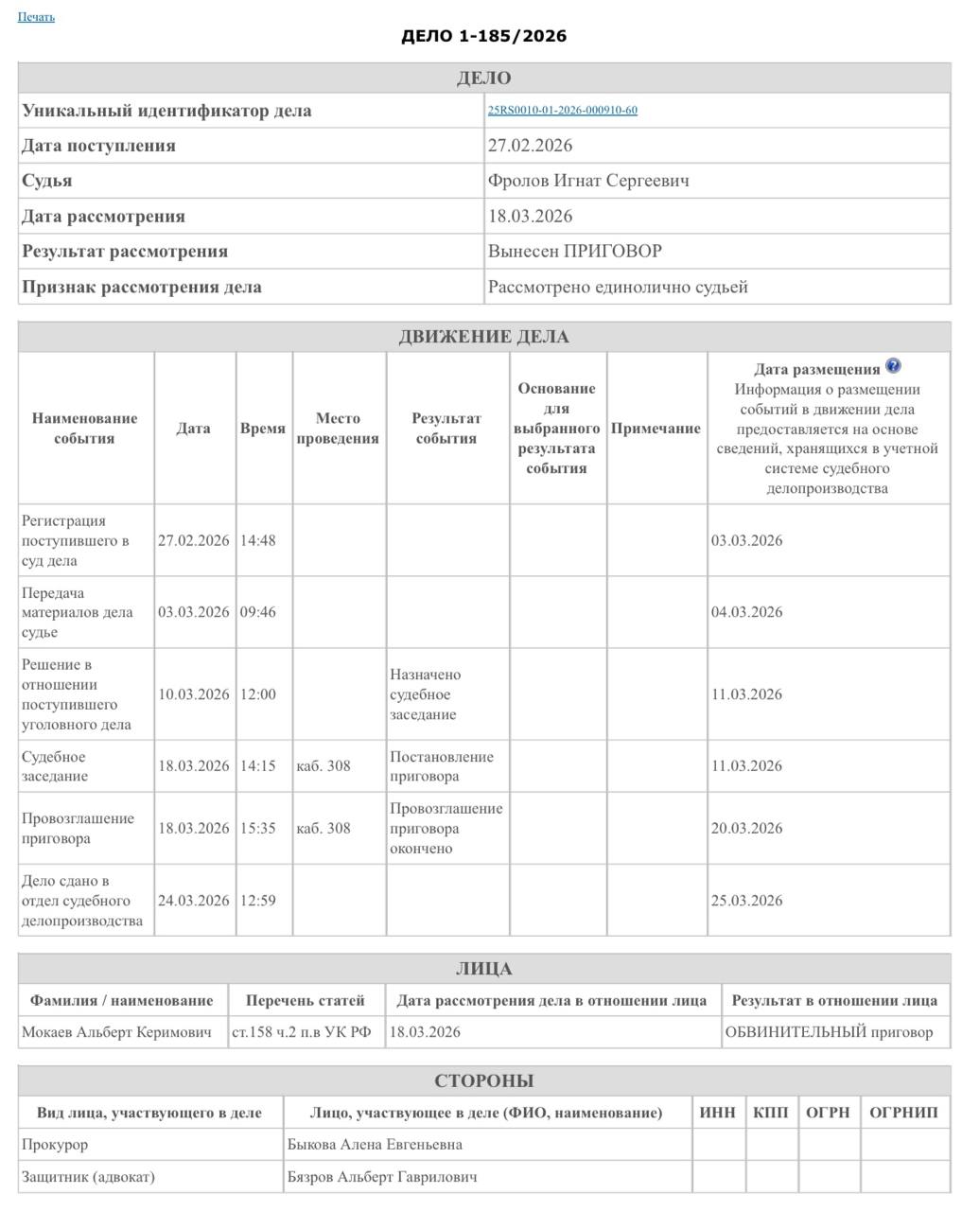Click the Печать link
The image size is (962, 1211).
point(36,17)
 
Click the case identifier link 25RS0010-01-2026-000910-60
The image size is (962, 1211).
point(562,111)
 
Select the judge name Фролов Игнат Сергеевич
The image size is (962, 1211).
point(587,181)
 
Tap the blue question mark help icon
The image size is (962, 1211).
point(893,367)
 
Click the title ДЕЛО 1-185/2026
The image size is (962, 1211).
point(483,36)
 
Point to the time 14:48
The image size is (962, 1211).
point(257,541)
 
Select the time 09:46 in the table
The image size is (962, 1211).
point(257,612)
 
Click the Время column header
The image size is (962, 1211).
point(262,429)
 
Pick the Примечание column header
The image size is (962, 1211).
point(656,429)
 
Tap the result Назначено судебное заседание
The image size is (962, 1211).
point(425,694)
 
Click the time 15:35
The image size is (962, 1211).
point(257,829)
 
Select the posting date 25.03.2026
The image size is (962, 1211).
point(746,901)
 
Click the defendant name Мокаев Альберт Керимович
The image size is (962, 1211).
point(116,1032)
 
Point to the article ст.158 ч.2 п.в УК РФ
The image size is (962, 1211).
point(302,1032)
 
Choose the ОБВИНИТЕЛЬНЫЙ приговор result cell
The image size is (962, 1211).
point(829,1032)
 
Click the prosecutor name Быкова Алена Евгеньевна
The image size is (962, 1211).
point(375,1145)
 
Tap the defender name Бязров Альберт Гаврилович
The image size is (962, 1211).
point(381,1178)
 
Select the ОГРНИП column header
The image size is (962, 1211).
point(902,1113)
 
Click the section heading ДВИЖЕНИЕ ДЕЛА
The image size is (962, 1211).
point(483,337)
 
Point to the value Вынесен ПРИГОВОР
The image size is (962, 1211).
point(574,252)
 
